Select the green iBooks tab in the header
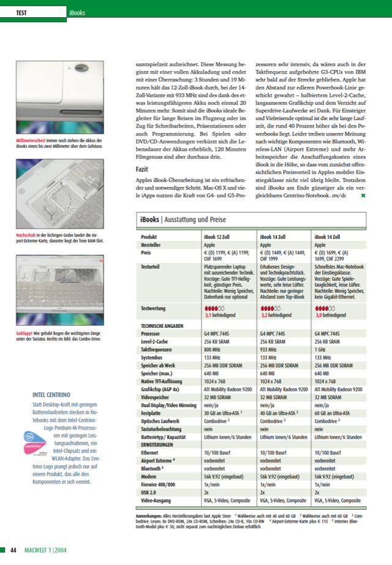coord(77,12)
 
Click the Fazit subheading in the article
coord(142,169)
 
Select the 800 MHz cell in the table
coord(212,348)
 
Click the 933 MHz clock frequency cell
coord(268,348)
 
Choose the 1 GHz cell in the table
coord(321,348)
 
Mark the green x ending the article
coord(363,195)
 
